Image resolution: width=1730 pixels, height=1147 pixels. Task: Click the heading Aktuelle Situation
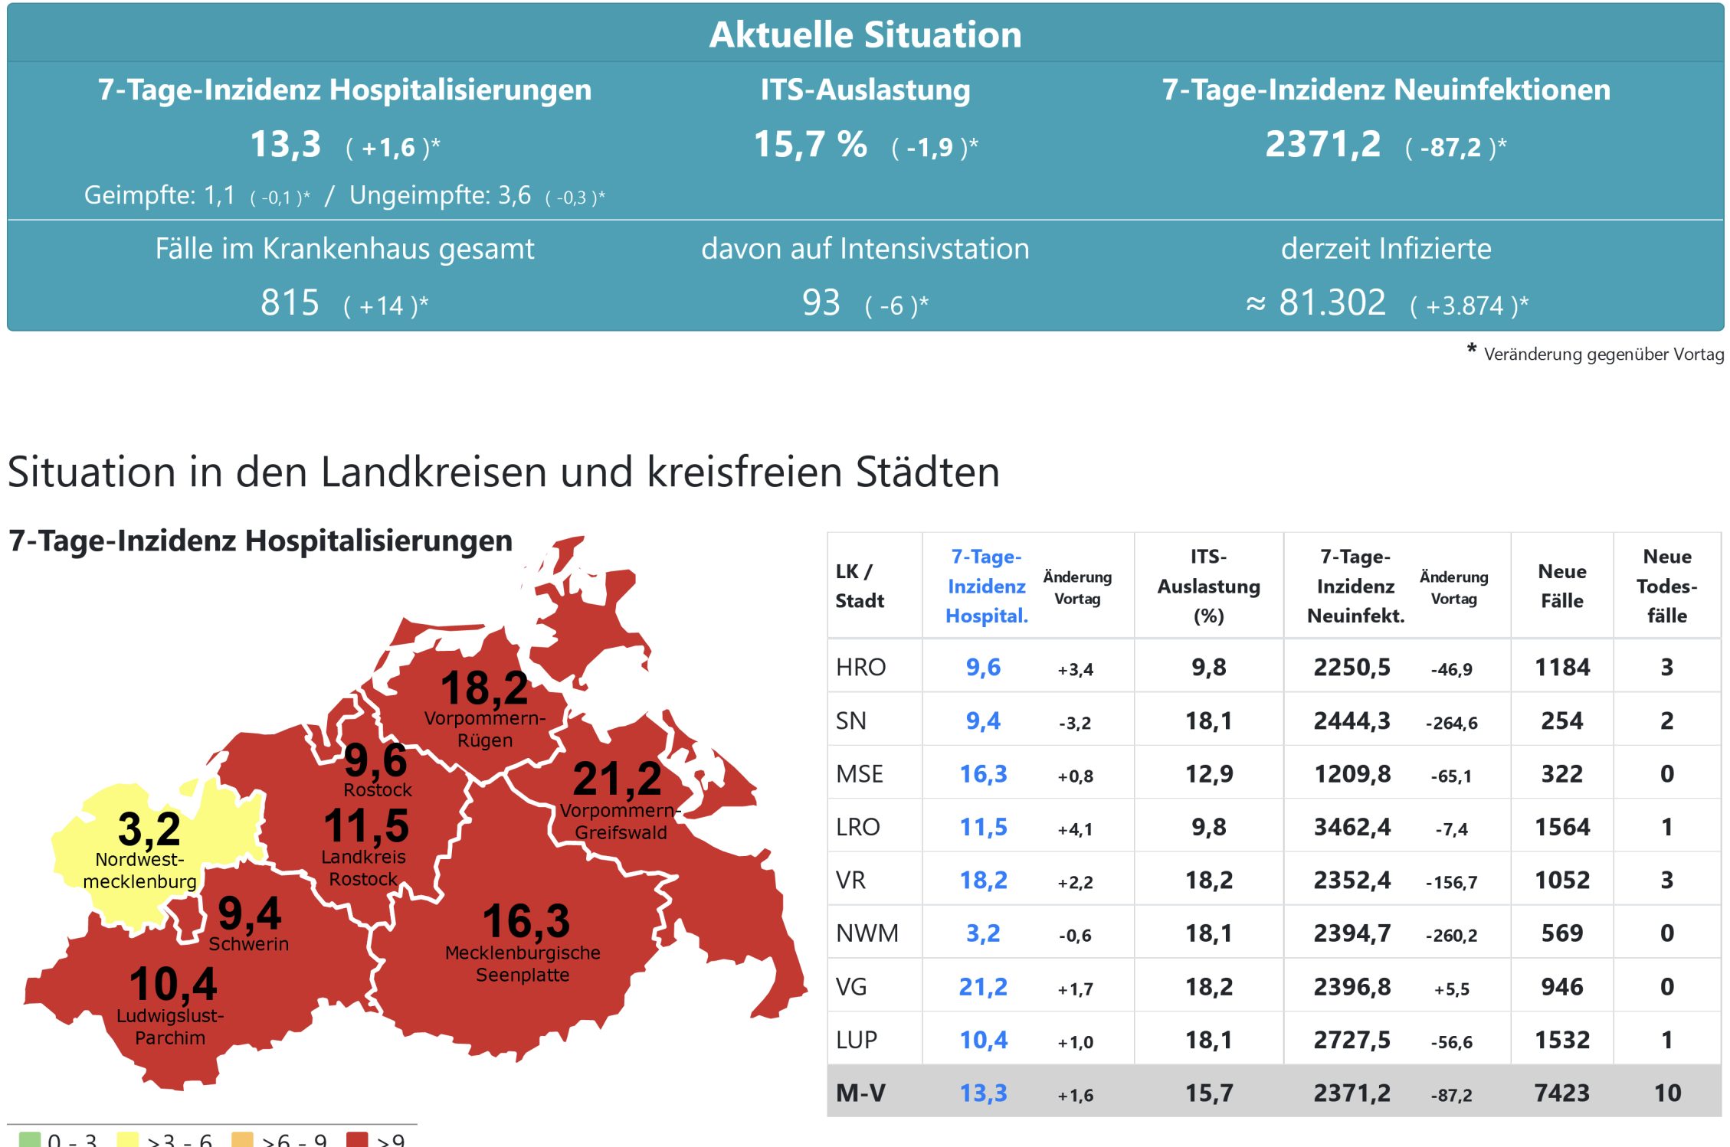tap(865, 34)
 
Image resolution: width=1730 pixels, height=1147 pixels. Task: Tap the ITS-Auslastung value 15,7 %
tap(810, 144)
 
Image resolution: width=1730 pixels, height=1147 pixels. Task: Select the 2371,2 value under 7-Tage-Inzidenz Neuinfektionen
tap(1322, 144)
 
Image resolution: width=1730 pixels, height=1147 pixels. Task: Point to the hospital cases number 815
tap(290, 302)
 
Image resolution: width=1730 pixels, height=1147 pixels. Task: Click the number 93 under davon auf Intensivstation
tap(821, 302)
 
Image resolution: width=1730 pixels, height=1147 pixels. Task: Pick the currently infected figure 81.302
tap(1332, 302)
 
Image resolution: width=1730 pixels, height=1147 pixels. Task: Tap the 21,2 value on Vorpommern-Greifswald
tap(617, 779)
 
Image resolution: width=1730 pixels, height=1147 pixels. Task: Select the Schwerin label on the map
tap(248, 944)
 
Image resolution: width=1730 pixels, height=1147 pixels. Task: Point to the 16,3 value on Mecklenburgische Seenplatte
tap(526, 920)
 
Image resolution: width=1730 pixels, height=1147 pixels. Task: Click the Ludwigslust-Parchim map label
tap(170, 1027)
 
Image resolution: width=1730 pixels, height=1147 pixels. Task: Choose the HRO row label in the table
tap(860, 667)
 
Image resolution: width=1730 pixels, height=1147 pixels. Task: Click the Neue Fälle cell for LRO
tap(1562, 827)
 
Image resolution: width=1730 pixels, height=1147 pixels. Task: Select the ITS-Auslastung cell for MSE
tap(1209, 774)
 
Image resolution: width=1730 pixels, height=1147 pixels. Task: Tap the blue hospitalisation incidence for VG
tap(983, 987)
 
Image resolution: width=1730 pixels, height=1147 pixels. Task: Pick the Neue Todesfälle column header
tap(1666, 586)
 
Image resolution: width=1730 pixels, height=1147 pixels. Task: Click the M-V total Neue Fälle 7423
tap(1562, 1093)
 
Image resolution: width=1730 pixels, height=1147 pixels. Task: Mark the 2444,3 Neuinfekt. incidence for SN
tap(1352, 721)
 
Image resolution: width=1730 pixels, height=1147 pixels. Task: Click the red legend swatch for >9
tap(357, 1139)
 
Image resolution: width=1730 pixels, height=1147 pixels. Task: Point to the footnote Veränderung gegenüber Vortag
tap(1603, 355)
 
